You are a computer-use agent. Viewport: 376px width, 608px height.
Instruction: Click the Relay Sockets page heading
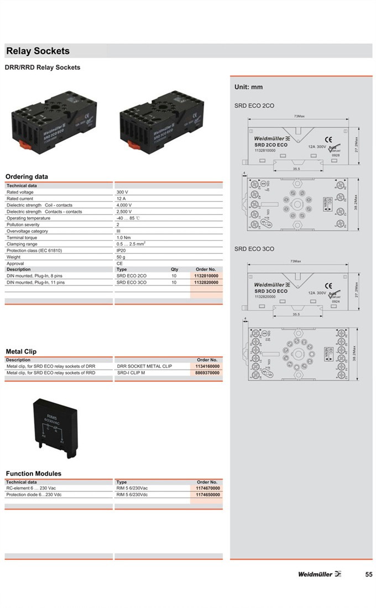click(38, 51)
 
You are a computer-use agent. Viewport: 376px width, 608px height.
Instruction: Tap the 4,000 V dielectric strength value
click(124, 205)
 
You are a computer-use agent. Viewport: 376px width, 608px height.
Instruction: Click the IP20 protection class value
click(121, 251)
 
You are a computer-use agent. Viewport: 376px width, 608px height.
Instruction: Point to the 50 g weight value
click(121, 257)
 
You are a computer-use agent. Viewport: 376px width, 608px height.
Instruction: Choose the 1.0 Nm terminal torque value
click(123, 237)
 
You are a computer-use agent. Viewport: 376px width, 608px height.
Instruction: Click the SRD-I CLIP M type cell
click(131, 373)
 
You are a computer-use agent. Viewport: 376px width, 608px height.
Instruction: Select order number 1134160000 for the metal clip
click(207, 366)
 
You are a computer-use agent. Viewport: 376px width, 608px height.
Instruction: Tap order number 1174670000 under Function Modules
click(207, 489)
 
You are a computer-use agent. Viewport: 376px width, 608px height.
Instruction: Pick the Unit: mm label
click(248, 87)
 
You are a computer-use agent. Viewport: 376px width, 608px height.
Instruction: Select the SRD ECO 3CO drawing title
click(254, 249)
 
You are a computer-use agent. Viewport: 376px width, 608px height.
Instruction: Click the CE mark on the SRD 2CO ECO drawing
click(327, 139)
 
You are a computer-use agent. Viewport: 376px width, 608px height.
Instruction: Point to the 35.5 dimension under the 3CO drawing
click(296, 314)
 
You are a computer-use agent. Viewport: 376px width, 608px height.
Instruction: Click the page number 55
click(368, 574)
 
